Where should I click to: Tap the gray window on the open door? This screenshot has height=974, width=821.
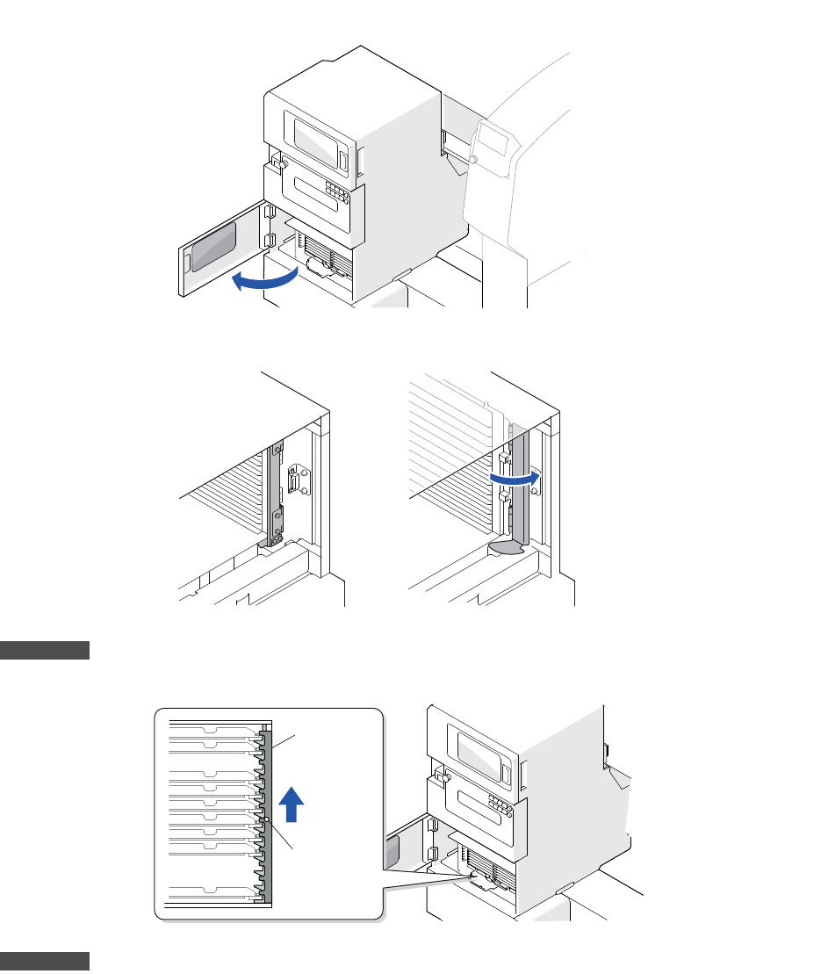tap(213, 246)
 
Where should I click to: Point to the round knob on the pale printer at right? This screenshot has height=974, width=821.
tap(473, 160)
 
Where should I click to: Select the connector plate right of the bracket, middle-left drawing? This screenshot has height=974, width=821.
tap(296, 485)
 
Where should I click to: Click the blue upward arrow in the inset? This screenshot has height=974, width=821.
tap(294, 803)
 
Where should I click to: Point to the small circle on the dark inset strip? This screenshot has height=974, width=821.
tap(265, 819)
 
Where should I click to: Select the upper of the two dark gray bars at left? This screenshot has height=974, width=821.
tap(45, 651)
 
